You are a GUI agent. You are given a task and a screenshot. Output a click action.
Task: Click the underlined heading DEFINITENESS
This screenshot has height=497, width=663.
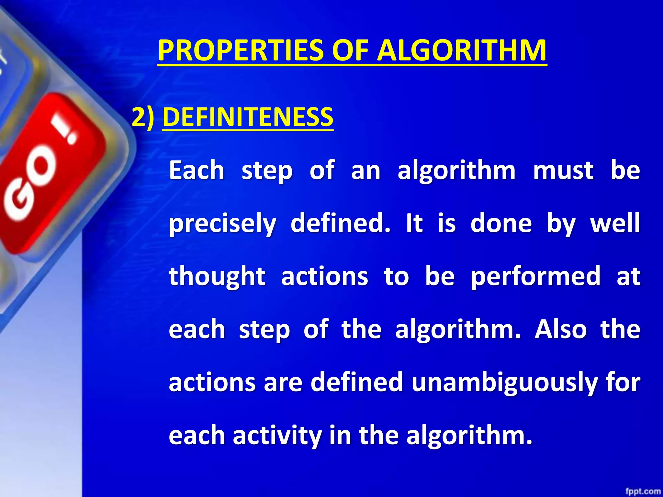[248, 117]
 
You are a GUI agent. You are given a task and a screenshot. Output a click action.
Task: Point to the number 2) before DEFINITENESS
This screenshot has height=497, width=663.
[143, 117]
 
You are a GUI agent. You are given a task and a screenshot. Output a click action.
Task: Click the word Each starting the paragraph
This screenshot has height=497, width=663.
[197, 171]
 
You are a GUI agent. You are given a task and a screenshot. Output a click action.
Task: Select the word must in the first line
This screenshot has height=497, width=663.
[563, 171]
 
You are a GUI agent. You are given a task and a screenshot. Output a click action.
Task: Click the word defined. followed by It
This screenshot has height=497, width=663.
[340, 223]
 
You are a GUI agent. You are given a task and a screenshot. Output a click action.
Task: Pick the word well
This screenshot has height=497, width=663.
[615, 223]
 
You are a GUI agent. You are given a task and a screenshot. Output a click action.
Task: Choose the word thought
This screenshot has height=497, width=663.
[217, 277]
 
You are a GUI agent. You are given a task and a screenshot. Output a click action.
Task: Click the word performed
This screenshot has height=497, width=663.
[535, 277]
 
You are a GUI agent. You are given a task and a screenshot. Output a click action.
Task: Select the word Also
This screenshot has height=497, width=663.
[560, 329]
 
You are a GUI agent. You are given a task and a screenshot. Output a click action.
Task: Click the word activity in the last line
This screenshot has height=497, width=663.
[277, 436]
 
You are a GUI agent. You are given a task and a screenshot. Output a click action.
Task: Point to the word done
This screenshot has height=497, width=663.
[501, 223]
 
